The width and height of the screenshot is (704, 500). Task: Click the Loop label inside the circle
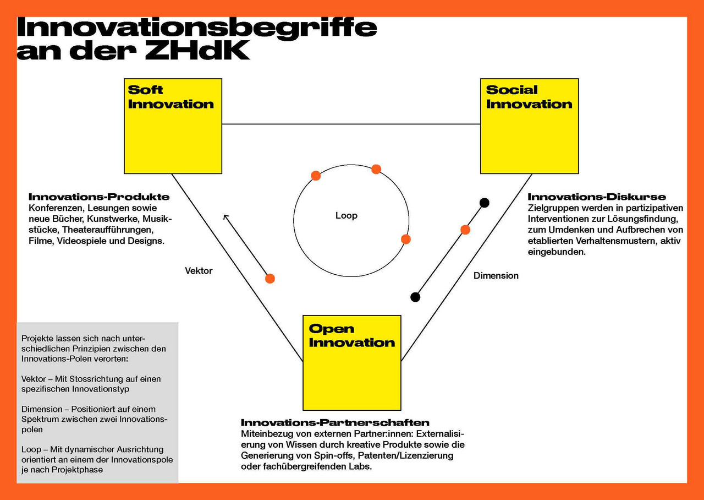coord(346,215)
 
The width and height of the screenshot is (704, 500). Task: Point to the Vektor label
coord(199,270)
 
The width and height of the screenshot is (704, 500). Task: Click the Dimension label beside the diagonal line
coord(496,275)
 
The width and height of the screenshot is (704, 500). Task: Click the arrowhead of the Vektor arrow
coord(225,216)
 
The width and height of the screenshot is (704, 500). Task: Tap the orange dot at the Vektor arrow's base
coord(269,279)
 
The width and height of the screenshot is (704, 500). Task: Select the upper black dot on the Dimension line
coord(484,202)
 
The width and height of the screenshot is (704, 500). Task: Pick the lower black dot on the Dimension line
coord(415,297)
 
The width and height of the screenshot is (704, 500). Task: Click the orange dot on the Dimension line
coord(465,230)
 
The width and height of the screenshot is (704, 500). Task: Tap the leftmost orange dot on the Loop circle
coord(316,176)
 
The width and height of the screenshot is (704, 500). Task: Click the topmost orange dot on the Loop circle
coord(376,169)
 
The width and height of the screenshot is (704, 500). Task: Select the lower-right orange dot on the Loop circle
coord(406,239)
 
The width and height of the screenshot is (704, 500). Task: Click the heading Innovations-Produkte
coord(99,197)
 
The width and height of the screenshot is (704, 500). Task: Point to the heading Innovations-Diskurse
coord(597,197)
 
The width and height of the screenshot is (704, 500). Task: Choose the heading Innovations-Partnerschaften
coord(335,422)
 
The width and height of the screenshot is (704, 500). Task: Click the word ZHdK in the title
coord(197,50)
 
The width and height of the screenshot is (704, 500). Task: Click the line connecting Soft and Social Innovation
coord(351,124)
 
